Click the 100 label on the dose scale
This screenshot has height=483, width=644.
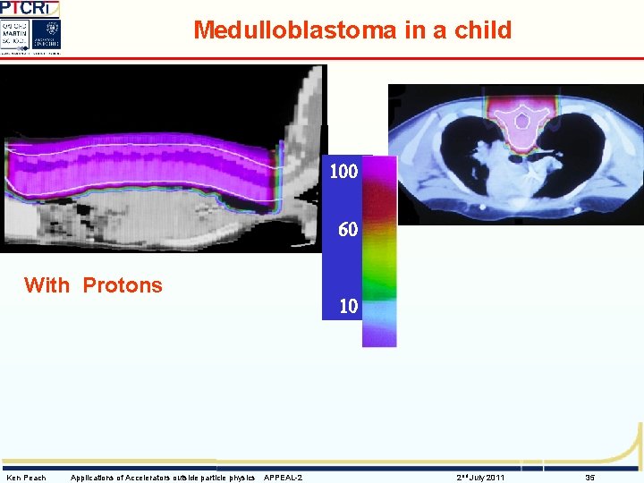pyautogui.click(x=343, y=171)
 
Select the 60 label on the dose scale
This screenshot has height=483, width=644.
pyautogui.click(x=348, y=230)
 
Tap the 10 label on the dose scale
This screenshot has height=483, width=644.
pyautogui.click(x=348, y=306)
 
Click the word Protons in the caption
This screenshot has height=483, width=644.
pyautogui.click(x=123, y=285)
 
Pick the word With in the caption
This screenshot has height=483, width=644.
pyautogui.click(x=47, y=285)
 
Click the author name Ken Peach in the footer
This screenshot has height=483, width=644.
pyautogui.click(x=26, y=478)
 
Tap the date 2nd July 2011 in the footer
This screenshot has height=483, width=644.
pyautogui.click(x=480, y=478)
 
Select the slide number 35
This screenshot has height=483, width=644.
pyautogui.click(x=590, y=478)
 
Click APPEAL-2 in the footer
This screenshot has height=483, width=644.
pyautogui.click(x=283, y=478)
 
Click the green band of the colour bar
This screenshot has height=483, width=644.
pyautogui.click(x=379, y=277)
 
